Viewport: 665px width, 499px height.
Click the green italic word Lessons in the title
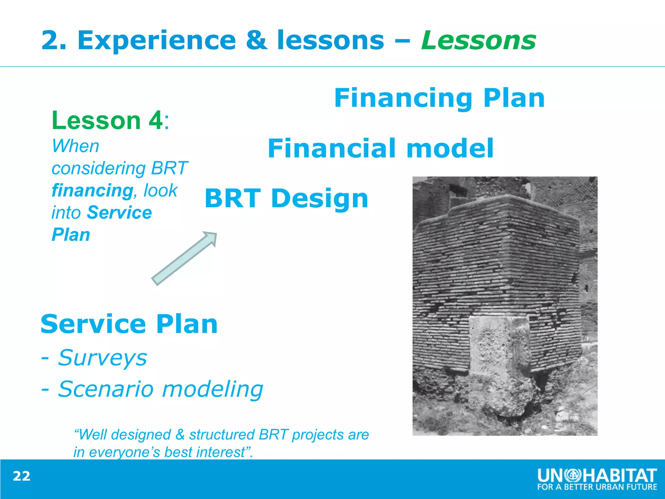click(478, 41)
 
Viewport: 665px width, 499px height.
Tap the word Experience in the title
click(157, 41)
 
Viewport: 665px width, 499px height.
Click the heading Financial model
click(381, 148)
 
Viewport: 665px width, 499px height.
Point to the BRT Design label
click(286, 198)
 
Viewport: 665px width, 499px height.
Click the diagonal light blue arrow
click(184, 259)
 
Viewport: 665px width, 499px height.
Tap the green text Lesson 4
click(107, 121)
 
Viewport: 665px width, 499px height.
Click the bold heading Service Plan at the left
click(129, 324)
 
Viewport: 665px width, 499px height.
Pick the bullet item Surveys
click(102, 358)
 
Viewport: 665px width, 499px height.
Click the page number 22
click(21, 476)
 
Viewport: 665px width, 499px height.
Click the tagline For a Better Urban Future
click(597, 487)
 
